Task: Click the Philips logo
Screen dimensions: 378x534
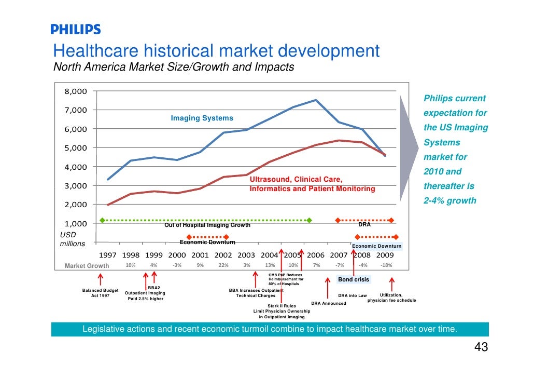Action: pos(75,30)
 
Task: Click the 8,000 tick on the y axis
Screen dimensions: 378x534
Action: pos(76,91)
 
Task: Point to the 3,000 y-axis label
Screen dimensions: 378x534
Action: pos(76,186)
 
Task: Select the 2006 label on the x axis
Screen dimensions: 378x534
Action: pos(315,255)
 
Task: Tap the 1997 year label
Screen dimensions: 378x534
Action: pos(108,255)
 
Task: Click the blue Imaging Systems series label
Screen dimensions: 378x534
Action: pos(202,118)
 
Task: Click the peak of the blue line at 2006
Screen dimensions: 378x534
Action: pos(316,100)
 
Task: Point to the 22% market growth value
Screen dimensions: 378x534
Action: pos(223,265)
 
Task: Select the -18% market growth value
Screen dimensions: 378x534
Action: pos(386,265)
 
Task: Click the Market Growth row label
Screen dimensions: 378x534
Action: pos(87,266)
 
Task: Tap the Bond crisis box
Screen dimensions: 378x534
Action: pos(354,280)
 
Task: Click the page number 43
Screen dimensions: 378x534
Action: pos(481,347)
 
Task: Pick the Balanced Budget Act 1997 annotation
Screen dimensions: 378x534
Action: pos(100,293)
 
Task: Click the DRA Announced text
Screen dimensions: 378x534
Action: pos(328,303)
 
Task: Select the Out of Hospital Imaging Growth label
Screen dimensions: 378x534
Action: pos(207,225)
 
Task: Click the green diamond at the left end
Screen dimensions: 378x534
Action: pos(102,220)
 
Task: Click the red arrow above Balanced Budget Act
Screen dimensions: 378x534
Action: pos(100,280)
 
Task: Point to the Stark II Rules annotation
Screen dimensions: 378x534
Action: pos(282,306)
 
